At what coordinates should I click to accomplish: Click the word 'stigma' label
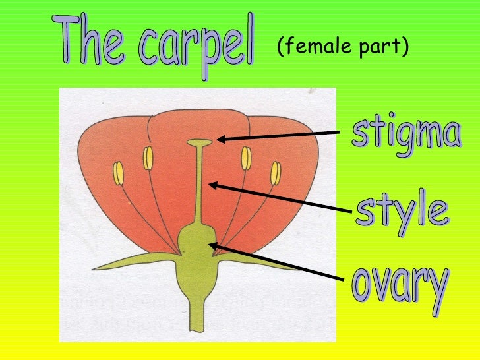coord(405,133)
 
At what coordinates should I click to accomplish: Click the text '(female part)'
coord(343,47)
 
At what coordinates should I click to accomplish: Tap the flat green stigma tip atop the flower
coord(199,142)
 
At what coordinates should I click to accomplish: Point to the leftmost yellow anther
coord(118,173)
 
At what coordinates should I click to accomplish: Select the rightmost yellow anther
coord(276,173)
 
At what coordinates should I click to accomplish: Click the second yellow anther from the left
coord(148,159)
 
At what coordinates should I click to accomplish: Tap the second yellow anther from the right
coord(246,159)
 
